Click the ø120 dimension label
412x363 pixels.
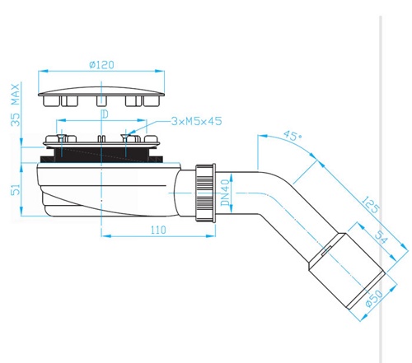tap(101, 65)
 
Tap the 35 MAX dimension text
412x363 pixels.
tap(16, 105)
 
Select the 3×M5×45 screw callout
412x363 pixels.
tap(196, 121)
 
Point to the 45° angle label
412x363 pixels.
tap(293, 135)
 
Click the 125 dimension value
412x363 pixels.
tap(371, 204)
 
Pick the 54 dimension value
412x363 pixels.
tap(382, 237)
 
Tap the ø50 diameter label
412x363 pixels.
tap(374, 298)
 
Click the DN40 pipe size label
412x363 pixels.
tap(225, 192)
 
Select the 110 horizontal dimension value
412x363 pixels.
tap(158, 230)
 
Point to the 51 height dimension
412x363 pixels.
tap(16, 189)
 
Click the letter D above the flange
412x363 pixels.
tap(105, 114)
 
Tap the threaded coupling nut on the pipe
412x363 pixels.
tap(205, 193)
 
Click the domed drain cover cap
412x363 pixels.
tap(101, 96)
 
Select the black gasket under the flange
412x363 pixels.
tap(101, 156)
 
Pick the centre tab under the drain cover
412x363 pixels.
tap(101, 100)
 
